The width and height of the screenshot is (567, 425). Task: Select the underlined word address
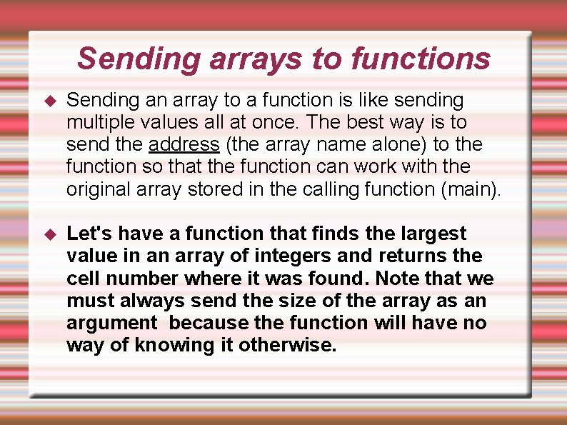(184, 144)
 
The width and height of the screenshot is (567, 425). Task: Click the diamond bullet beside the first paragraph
(50, 101)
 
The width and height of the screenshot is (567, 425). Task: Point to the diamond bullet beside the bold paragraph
(50, 234)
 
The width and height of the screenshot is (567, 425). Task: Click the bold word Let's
(89, 234)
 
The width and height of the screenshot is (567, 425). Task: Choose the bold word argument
(111, 323)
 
